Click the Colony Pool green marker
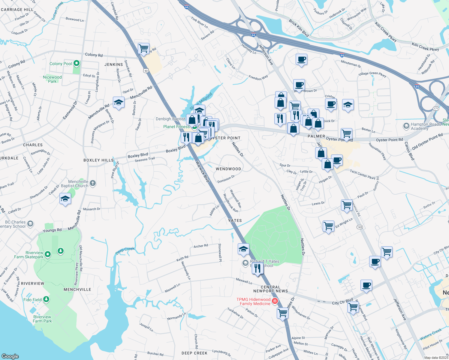click(77, 63)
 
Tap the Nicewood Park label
click(52, 79)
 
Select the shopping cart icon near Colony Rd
click(144, 48)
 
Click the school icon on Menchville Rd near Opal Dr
click(119, 103)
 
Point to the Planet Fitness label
click(176, 127)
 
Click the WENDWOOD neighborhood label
click(228, 169)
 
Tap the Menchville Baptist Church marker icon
click(93, 183)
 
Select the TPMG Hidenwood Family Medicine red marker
click(274, 301)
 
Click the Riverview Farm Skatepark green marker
click(48, 254)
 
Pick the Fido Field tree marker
click(46, 299)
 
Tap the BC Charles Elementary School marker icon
click(30, 223)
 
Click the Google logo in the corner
click(10, 356)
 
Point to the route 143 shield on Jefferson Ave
click(360, 227)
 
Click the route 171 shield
click(436, 108)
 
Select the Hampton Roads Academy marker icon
click(406, 126)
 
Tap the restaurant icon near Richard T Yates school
click(257, 268)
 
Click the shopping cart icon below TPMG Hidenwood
click(283, 313)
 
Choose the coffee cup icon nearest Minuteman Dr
click(301, 59)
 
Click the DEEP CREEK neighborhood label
click(194, 353)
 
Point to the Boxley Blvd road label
click(138, 155)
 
